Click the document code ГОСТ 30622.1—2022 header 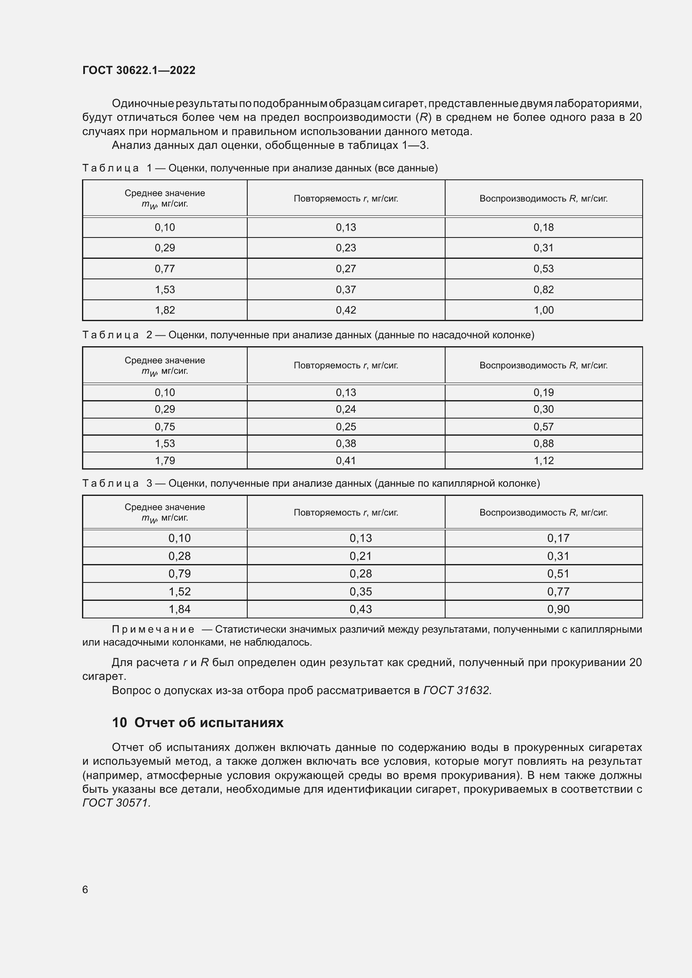click(138, 70)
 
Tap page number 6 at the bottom click(85, 889)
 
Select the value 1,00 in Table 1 click(543, 310)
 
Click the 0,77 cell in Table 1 click(164, 269)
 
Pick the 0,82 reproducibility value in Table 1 click(543, 290)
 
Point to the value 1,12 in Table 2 click(543, 460)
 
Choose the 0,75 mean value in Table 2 click(164, 427)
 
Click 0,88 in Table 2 click(543, 443)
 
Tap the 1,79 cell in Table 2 click(164, 460)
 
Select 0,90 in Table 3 click(558, 609)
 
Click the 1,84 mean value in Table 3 click(179, 609)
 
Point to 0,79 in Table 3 click(179, 574)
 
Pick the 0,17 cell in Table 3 click(558, 538)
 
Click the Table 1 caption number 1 click(149, 168)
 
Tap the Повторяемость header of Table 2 click(346, 365)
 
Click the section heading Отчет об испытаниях click(208, 723)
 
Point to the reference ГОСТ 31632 click(456, 690)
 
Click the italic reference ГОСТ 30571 click(116, 803)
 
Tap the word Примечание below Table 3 click(153, 629)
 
